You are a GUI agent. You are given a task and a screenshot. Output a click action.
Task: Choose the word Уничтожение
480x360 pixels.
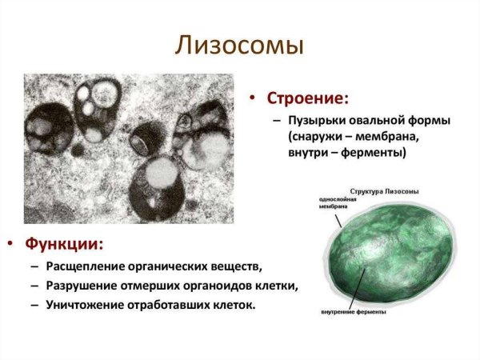[x=88, y=306]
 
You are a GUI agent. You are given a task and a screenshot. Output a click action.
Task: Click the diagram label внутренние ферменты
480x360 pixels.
[x=353, y=311]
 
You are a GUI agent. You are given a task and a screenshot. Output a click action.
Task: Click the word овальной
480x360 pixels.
[x=380, y=121]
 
